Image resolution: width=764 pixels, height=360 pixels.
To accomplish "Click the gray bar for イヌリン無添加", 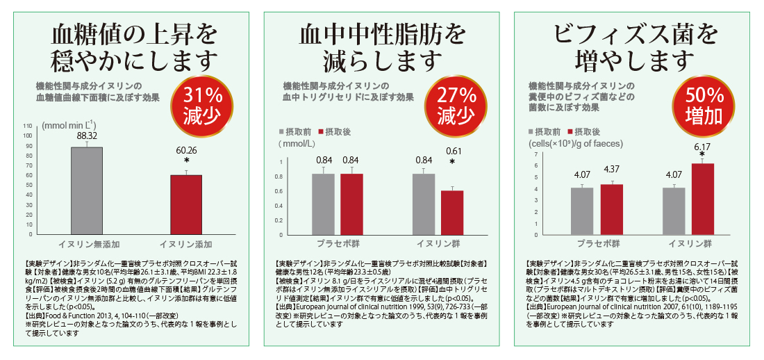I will [87, 190].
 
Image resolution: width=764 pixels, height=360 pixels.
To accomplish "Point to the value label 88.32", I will [87, 136].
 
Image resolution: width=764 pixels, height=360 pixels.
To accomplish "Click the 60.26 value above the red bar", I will [186, 149].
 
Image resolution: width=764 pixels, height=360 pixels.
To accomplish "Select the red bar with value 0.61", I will [452, 212].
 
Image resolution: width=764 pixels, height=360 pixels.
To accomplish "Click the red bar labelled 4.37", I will [612, 210].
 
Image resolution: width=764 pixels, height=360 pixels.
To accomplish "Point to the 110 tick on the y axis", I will [28, 126].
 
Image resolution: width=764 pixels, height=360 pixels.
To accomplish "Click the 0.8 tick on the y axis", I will [281, 177].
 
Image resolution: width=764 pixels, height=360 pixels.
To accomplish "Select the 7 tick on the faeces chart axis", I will [535, 165].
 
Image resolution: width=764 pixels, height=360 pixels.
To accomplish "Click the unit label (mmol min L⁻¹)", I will [69, 126].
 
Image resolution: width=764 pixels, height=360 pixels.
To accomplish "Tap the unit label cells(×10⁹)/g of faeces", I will [576, 144].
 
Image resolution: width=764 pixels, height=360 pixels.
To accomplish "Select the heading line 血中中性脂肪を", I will [381, 33].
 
